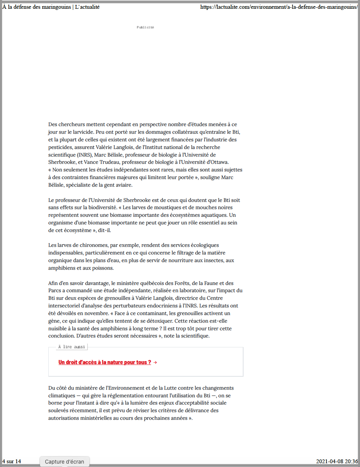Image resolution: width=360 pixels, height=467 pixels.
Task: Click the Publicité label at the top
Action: [x=145, y=27]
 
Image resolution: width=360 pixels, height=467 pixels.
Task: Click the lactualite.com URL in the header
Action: [x=279, y=7]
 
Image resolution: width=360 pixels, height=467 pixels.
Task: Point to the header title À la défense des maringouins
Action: [x=51, y=7]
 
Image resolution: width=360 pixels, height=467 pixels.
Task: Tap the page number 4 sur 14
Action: [x=11, y=461]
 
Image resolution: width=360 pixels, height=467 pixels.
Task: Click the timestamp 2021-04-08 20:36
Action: [x=337, y=461]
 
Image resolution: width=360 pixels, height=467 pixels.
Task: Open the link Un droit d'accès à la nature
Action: [x=105, y=362]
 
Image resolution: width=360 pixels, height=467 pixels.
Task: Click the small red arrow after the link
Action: [x=155, y=362]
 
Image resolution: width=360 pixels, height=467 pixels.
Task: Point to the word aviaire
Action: [x=122, y=185]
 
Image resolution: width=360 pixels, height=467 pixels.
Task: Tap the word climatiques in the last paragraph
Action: [x=62, y=395]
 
